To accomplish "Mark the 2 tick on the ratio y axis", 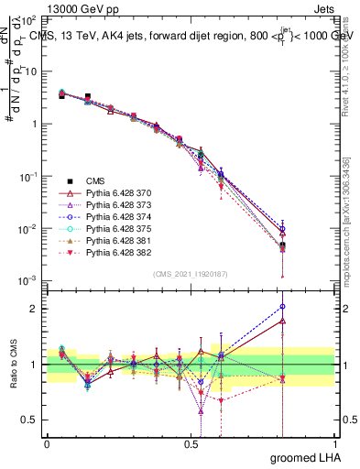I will [x=35, y=309].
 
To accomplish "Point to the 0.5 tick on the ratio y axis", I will [x=31, y=420].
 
